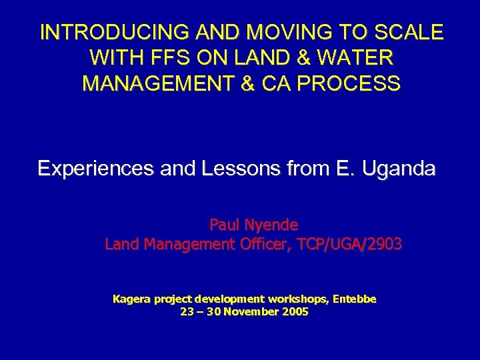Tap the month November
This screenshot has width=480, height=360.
[253, 311]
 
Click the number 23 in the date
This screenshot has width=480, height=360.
[187, 311]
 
